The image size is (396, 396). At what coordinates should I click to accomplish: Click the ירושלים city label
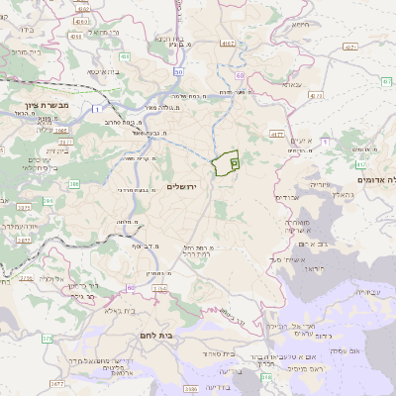tap(182, 187)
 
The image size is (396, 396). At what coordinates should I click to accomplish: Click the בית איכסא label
tap(102, 71)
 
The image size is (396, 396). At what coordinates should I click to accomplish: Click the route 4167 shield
tap(229, 44)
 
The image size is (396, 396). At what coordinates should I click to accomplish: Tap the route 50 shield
tap(178, 72)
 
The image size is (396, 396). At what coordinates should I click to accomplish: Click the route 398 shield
tap(265, 377)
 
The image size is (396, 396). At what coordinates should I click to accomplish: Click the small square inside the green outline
tap(235, 159)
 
